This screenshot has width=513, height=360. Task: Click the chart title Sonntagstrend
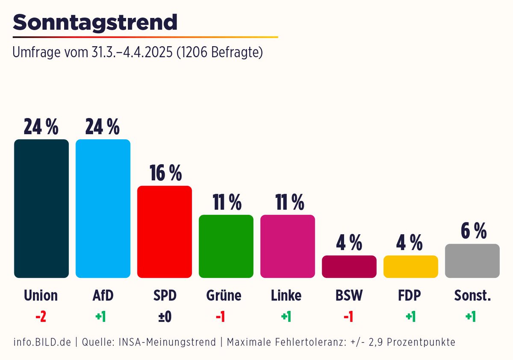coord(95,22)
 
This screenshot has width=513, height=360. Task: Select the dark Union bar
coord(41,209)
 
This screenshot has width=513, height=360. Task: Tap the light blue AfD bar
coord(103,209)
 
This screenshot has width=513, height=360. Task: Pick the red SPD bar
coord(165,232)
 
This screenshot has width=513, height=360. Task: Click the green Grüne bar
coord(226,246)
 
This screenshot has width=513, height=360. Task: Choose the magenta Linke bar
coord(288,246)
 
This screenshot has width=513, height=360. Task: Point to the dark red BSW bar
coord(349,267)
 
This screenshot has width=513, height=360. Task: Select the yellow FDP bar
coord(411,267)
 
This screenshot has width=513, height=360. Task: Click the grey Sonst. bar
coord(472,261)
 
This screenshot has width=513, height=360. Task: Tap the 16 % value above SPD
coord(165,173)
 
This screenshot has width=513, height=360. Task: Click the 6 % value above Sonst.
coord(473,231)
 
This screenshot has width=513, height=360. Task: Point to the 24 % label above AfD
coord(103,127)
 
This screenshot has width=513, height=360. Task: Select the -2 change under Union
coord(41,317)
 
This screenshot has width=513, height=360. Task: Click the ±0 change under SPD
coord(165,317)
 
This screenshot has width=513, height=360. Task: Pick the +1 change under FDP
coord(411,317)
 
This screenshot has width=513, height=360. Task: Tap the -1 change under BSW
coord(349,317)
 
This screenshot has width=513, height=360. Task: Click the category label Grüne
coord(224,295)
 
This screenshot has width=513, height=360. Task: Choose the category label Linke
coord(286,295)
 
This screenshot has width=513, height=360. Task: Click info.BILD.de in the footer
coord(42,342)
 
